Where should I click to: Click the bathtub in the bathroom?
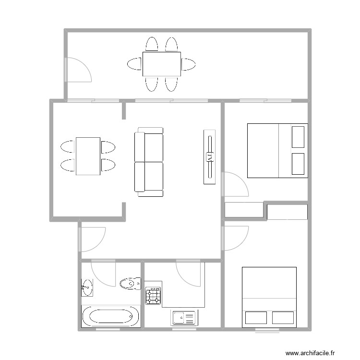110,317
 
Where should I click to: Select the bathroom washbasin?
87,288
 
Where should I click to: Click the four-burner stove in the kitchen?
154,296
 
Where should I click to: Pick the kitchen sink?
184,317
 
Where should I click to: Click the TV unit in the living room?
209,156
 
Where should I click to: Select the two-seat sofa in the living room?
149,162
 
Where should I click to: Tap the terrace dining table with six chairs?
161,64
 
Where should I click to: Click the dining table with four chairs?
88,156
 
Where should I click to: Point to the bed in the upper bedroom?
277,151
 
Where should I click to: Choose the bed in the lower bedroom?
269,297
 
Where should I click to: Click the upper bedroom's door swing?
235,185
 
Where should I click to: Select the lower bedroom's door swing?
235,238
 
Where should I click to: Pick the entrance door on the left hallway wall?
92,239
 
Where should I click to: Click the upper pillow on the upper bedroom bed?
298,137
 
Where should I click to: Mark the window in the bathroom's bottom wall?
108,329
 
